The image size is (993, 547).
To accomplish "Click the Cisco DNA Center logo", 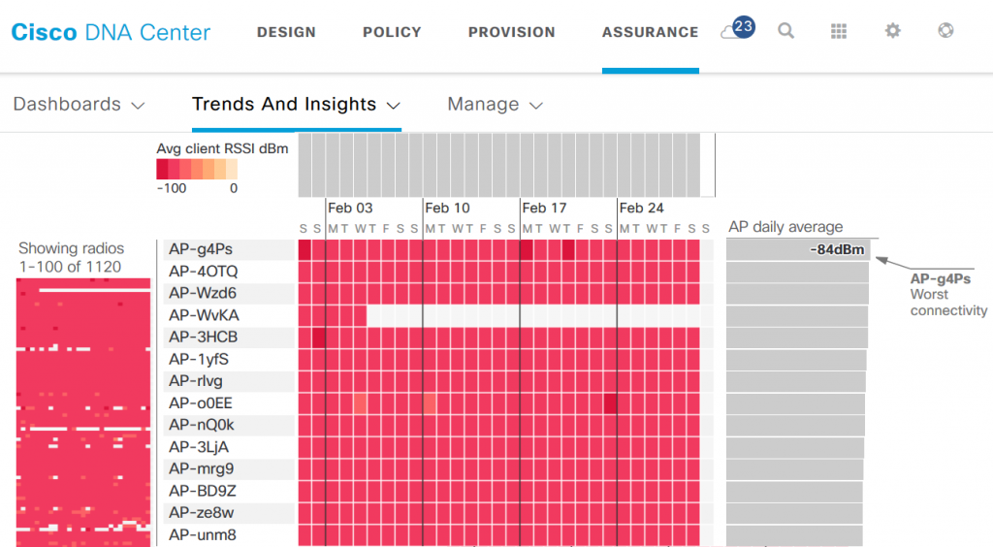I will tap(111, 32).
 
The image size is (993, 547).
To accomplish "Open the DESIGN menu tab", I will tap(286, 32).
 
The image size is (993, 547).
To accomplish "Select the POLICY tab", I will tap(392, 32).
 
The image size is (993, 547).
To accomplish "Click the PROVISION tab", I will tap(511, 32).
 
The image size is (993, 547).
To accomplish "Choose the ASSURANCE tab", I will tap(650, 32).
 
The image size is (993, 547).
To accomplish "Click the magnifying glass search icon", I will tap(786, 31).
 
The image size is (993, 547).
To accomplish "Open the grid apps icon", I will tap(839, 31).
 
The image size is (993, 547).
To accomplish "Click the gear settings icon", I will tap(892, 31).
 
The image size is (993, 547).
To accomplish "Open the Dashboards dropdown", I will tap(79, 104).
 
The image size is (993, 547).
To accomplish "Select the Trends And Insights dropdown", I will tap(296, 104).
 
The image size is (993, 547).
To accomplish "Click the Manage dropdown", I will tap(495, 104).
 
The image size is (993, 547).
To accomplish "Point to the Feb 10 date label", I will tap(447, 208).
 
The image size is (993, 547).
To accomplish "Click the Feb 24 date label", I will tap(641, 208).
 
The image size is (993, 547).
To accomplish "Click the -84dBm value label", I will tap(836, 250).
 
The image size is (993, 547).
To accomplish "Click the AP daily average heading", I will tap(785, 227).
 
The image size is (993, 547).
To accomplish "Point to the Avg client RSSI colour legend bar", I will tap(197, 170).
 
